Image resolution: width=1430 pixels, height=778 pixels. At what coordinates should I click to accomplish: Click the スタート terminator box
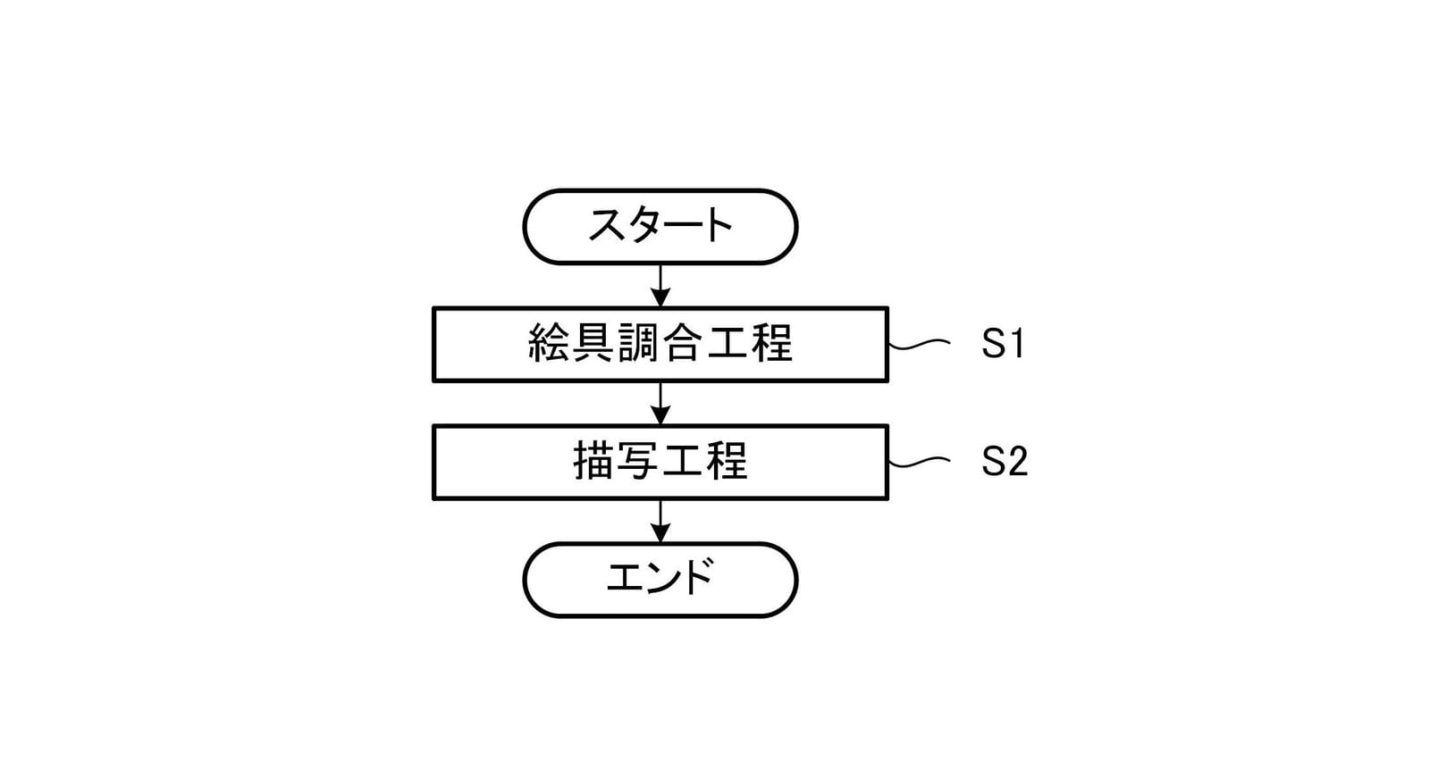(x=660, y=227)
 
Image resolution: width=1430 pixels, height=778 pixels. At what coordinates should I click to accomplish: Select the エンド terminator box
(x=660, y=580)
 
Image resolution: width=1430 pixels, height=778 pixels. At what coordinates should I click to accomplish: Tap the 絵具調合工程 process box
(x=660, y=345)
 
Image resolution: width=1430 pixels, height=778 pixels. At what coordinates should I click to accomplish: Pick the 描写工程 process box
(x=660, y=462)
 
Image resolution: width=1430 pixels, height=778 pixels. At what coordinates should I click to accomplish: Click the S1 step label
(x=1002, y=343)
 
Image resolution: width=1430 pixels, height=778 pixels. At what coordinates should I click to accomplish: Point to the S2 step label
(x=1005, y=461)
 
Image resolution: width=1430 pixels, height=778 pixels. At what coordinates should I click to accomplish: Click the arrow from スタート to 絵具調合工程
(x=660, y=285)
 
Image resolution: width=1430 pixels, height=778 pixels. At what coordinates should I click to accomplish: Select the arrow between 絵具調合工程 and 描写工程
(x=660, y=404)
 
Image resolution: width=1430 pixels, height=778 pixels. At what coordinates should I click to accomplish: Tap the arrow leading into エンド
(x=660, y=521)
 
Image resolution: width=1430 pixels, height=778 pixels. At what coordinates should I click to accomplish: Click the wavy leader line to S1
(x=920, y=345)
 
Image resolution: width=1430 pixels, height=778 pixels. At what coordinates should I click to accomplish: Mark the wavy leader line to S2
(x=920, y=462)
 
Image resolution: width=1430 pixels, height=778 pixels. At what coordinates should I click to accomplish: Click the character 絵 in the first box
(x=549, y=343)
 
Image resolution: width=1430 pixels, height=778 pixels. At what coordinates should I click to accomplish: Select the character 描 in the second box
(x=593, y=461)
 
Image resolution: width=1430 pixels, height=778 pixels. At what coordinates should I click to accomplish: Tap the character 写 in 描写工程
(x=638, y=461)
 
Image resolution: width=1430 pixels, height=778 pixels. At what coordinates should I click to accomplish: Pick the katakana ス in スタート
(x=607, y=225)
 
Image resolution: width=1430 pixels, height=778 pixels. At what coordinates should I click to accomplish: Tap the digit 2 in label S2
(x=1016, y=461)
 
